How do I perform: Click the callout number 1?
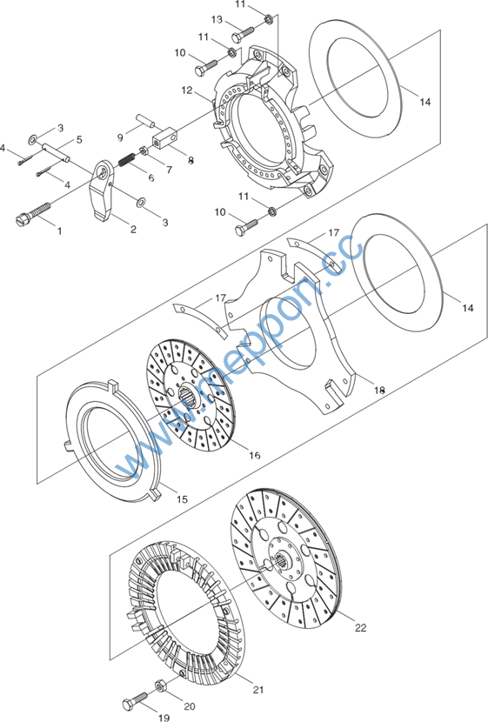59,231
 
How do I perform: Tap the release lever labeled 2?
104,190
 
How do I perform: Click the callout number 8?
191,160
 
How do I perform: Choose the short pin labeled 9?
144,121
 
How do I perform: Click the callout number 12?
187,90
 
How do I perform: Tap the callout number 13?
217,20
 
